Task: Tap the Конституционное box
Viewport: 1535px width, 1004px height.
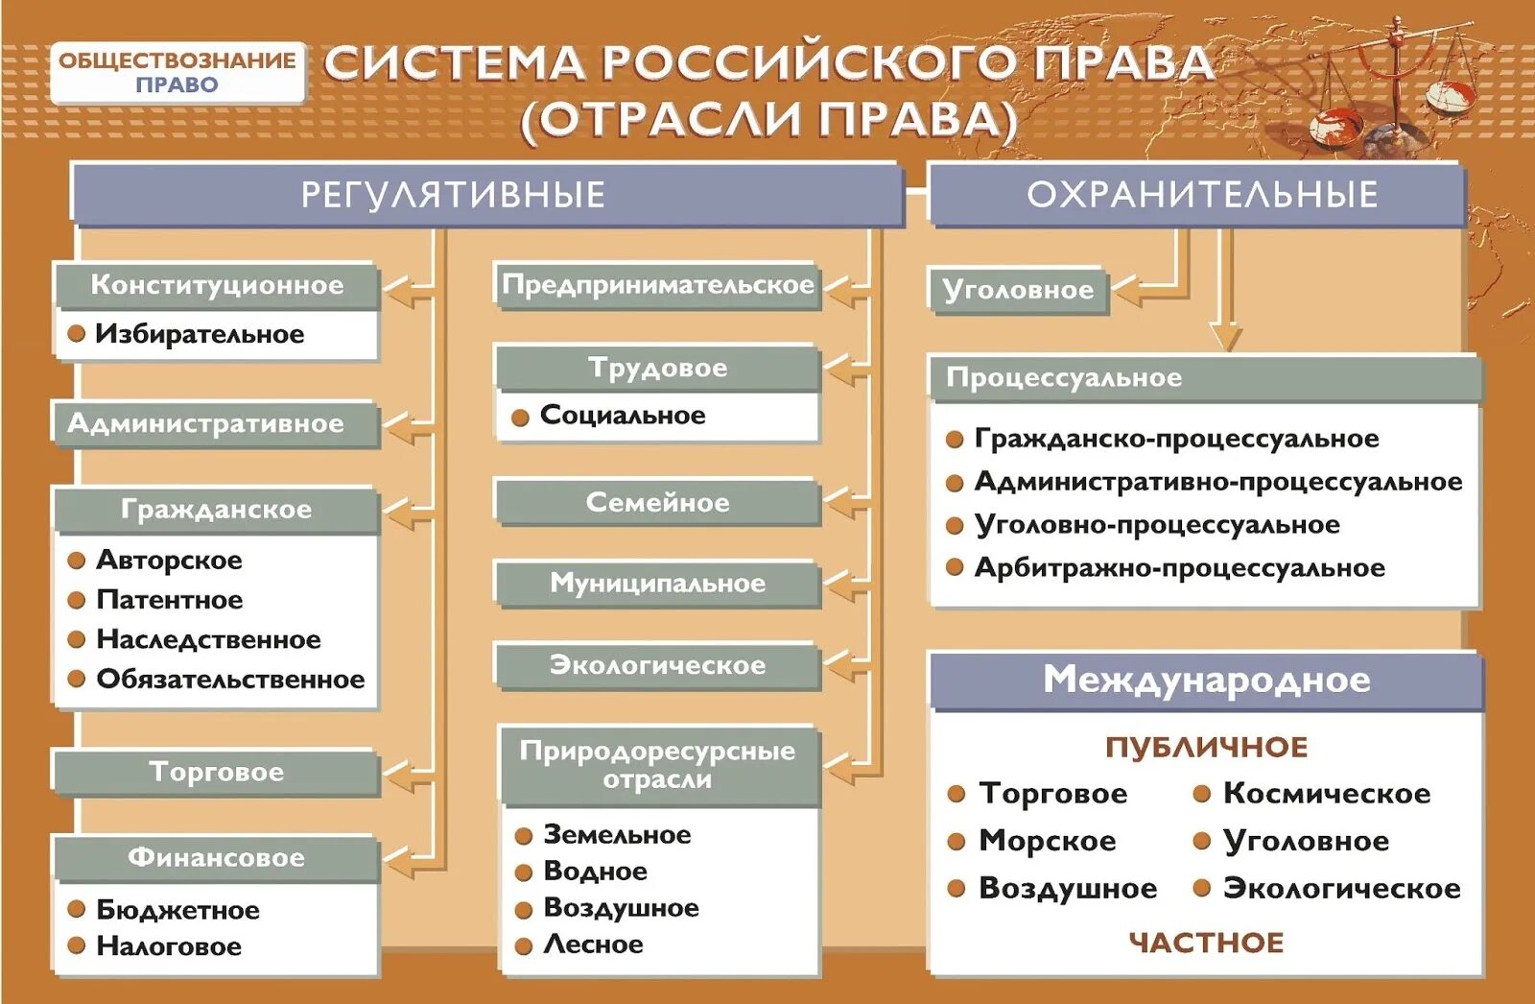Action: click(217, 285)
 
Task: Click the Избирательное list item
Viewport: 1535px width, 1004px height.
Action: click(200, 334)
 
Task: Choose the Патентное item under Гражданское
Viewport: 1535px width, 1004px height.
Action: click(169, 600)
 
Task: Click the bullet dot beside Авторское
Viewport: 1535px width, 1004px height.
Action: click(77, 561)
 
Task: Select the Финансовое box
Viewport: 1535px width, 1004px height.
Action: click(217, 857)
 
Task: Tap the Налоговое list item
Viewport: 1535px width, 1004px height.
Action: click(169, 946)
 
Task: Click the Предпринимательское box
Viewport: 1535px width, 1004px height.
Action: click(658, 285)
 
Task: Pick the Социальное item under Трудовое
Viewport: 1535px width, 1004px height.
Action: click(622, 416)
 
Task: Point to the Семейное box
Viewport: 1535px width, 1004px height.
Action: click(658, 502)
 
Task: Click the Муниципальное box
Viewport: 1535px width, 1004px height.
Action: click(658, 584)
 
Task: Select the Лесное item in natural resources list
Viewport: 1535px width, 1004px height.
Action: click(593, 944)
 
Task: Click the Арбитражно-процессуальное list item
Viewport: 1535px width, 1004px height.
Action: click(1179, 568)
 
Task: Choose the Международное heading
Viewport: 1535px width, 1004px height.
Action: click(1206, 681)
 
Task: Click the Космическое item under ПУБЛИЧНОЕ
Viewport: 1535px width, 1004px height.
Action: click(1326, 794)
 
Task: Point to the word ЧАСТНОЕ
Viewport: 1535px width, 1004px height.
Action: click(1206, 943)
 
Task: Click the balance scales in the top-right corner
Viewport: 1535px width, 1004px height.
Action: click(1391, 86)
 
